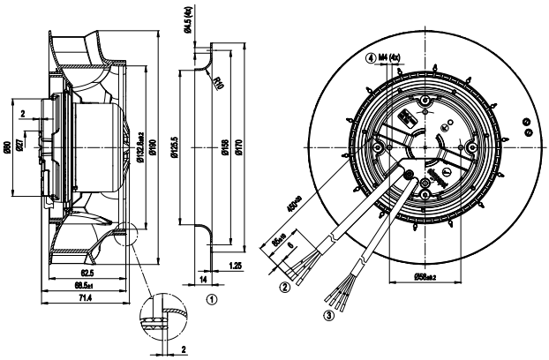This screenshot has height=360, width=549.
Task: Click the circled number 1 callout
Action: click(x=211, y=299)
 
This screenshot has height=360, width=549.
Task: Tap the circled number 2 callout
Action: click(x=285, y=286)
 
